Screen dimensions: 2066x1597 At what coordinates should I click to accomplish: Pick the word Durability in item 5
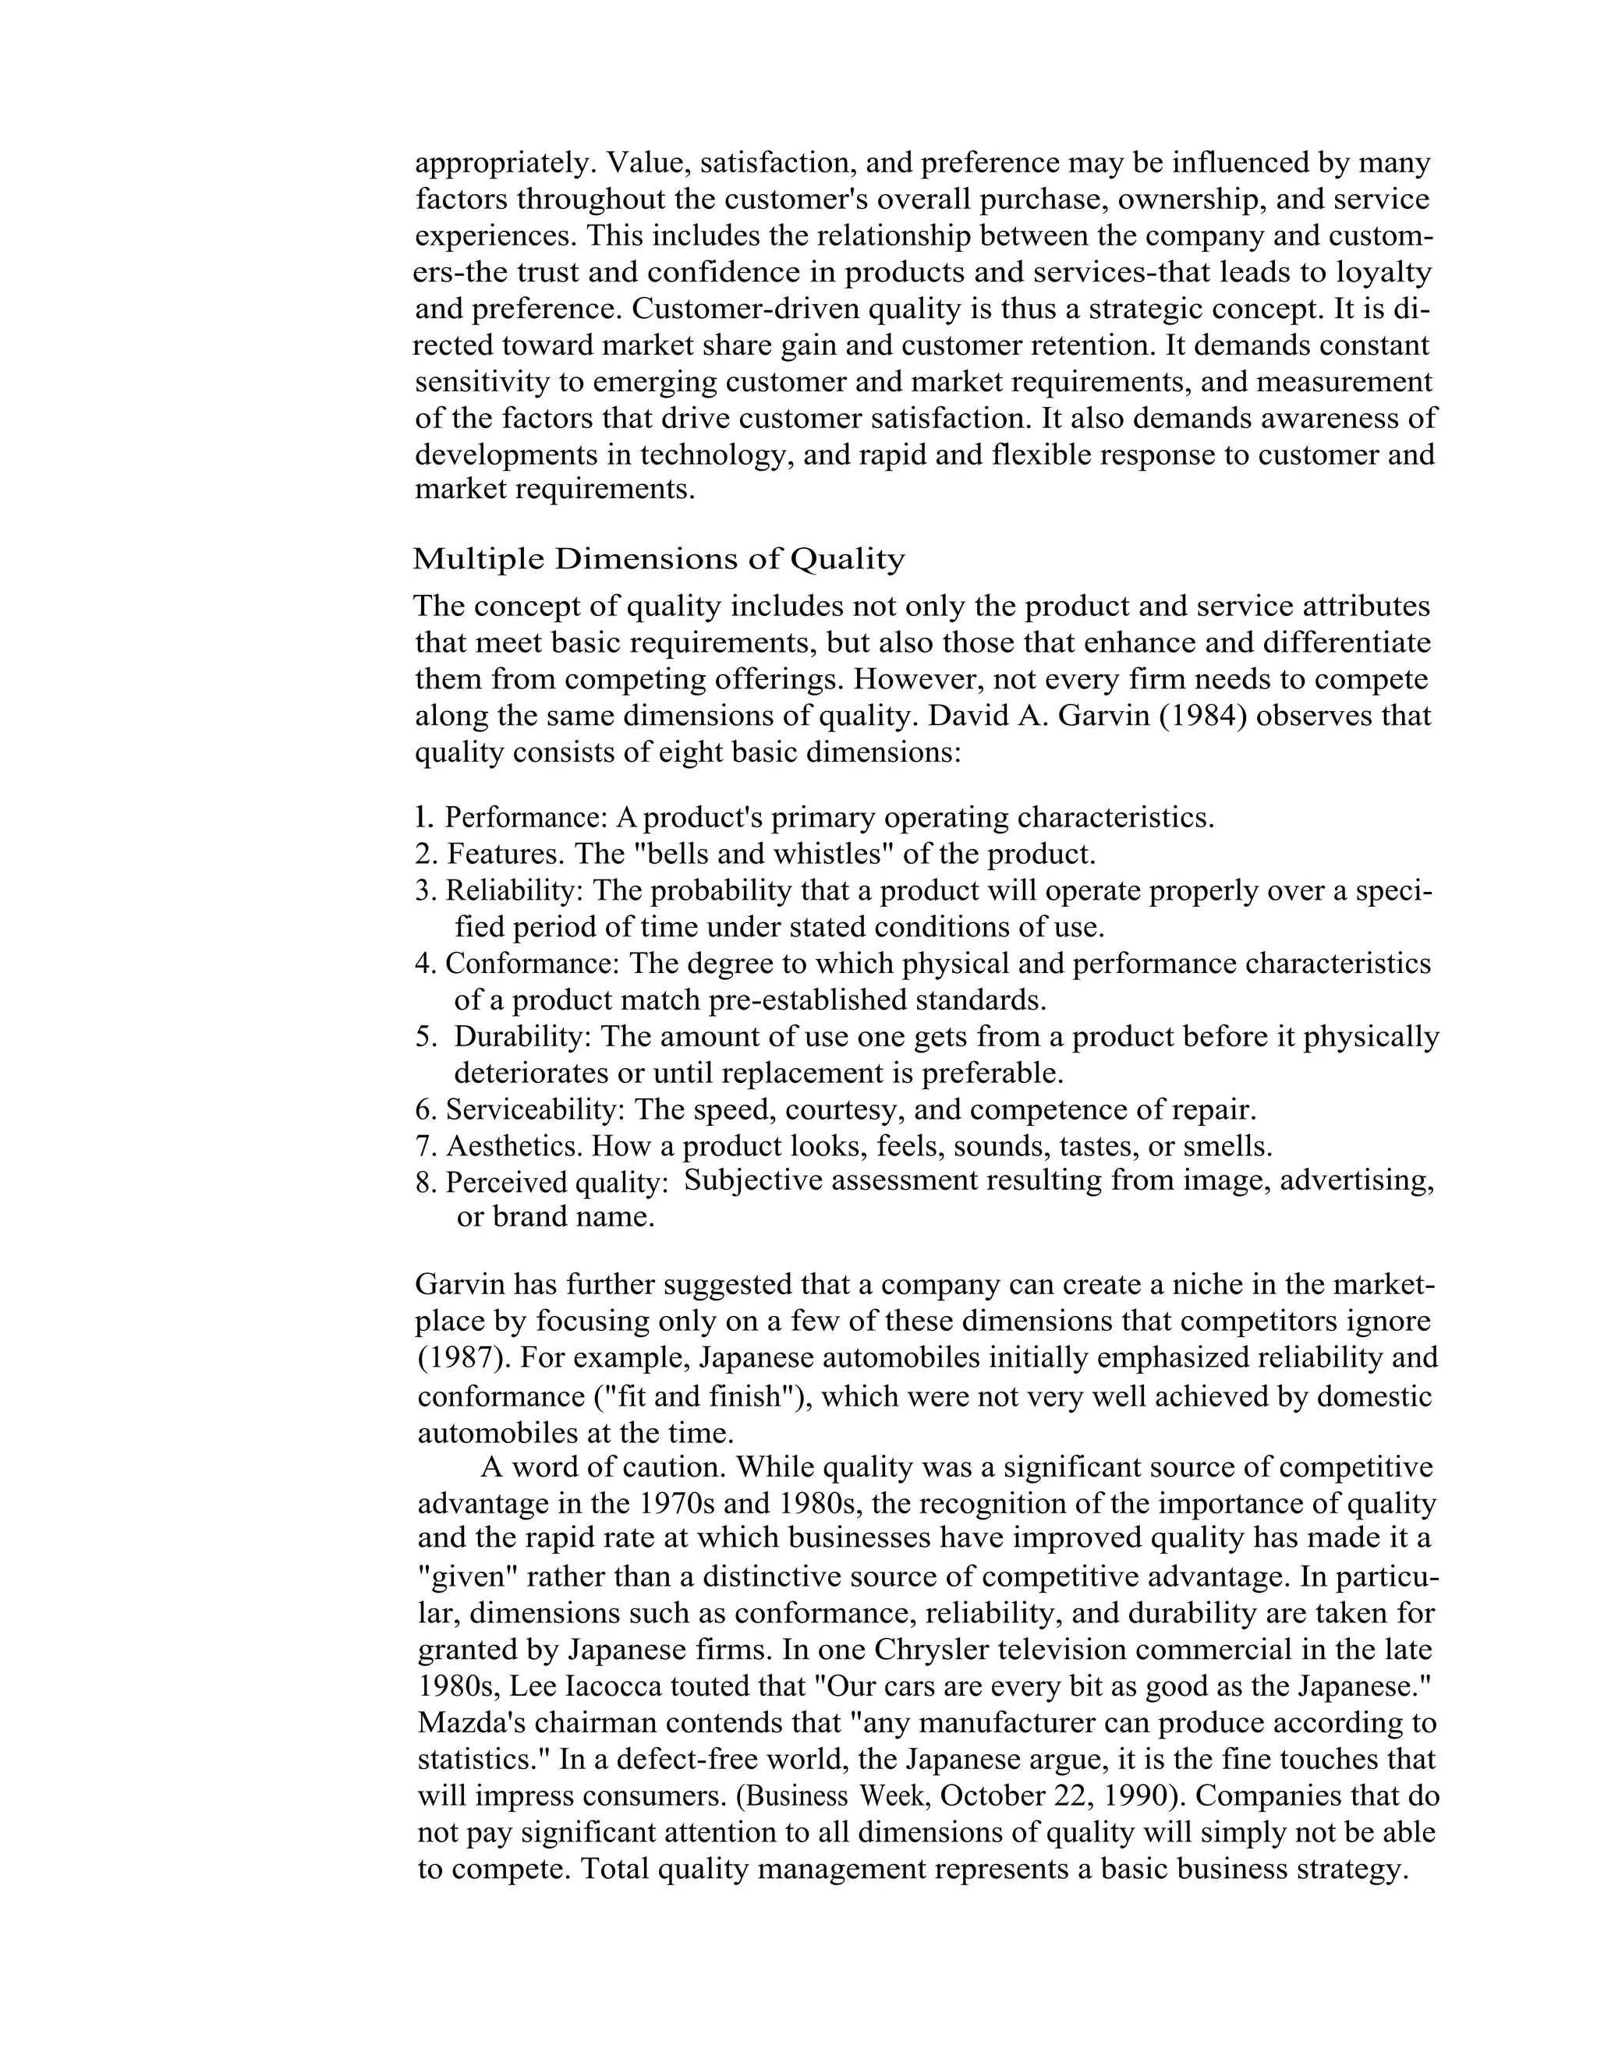pyautogui.click(x=522, y=1037)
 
